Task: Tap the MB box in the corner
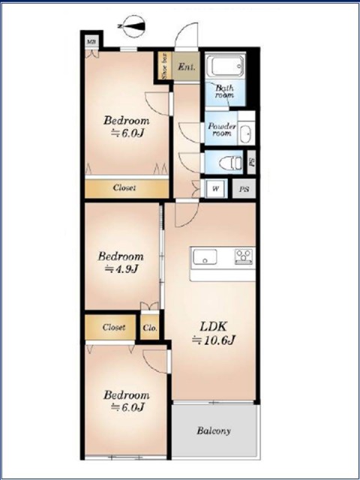tap(91, 42)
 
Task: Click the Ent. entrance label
tap(187, 67)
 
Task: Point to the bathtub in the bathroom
tap(225, 66)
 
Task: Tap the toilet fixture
tap(231, 163)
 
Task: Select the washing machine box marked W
tap(216, 189)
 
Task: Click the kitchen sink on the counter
tap(205, 256)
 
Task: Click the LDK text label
tap(213, 327)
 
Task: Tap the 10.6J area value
tap(213, 340)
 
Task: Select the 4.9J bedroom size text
tap(121, 269)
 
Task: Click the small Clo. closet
tap(150, 328)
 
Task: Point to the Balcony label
tap(214, 431)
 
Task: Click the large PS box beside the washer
tap(244, 189)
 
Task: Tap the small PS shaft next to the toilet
tap(252, 163)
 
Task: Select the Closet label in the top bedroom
tap(124, 187)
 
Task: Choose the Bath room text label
tap(225, 91)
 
